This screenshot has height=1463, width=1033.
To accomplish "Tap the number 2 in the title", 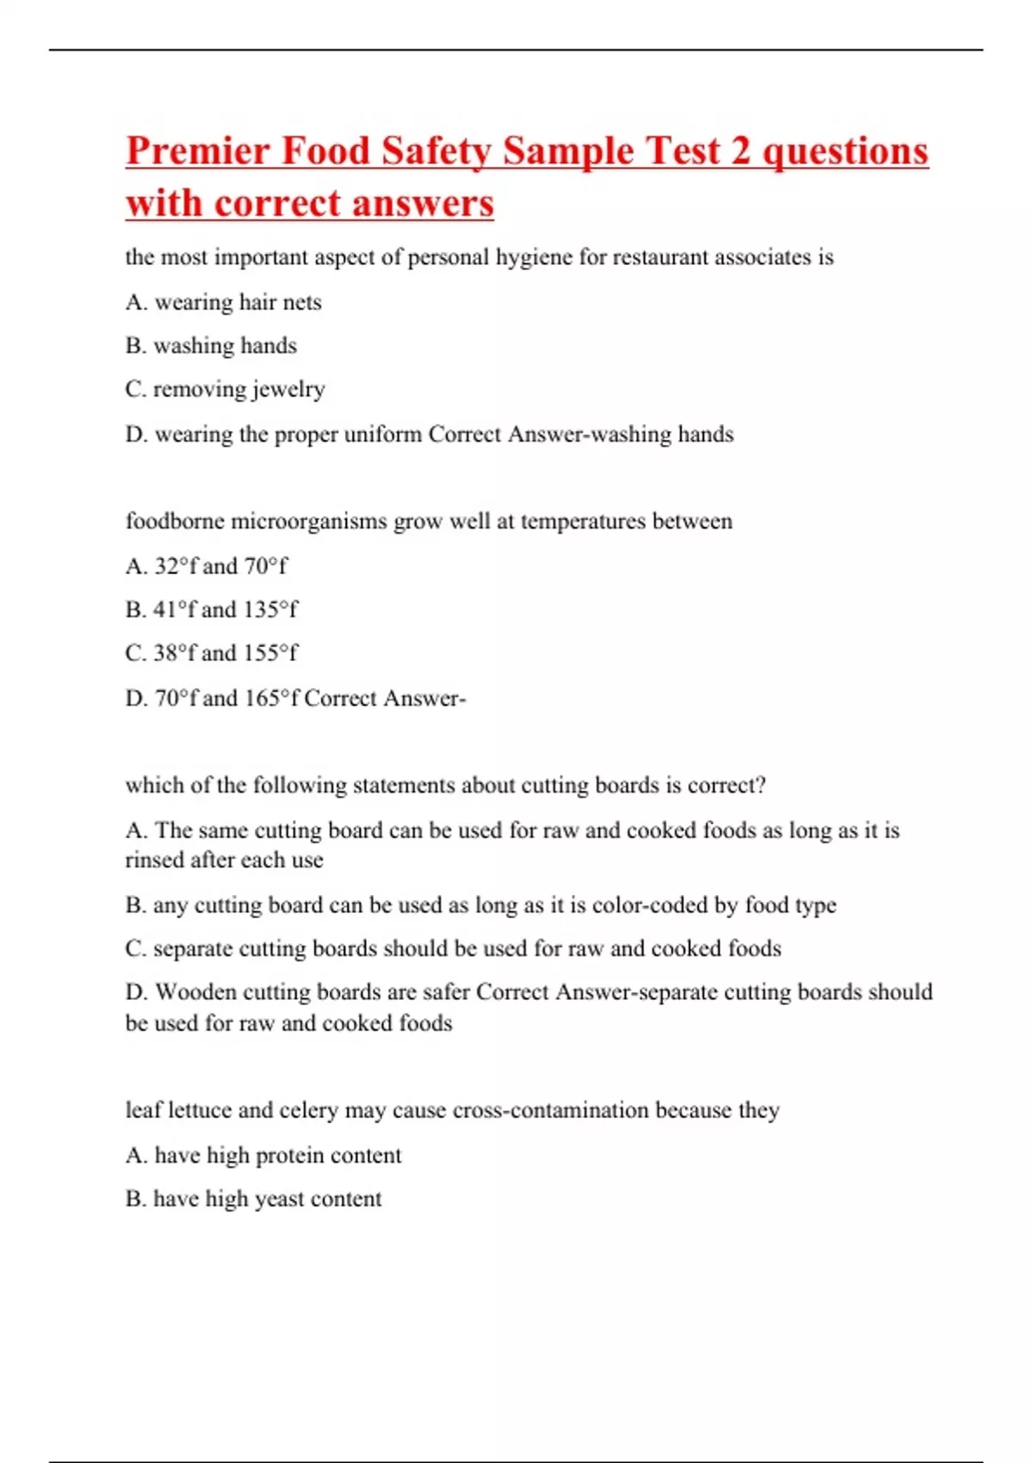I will pos(740,151).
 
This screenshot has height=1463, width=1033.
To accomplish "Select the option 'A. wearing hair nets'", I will pos(224,302).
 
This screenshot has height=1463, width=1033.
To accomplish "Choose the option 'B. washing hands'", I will pos(211,346).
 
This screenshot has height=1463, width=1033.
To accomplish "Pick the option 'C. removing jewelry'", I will pos(225,389).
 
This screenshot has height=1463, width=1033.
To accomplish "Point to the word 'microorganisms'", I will pos(309,522).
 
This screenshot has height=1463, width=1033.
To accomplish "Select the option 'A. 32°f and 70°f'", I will pos(207,566).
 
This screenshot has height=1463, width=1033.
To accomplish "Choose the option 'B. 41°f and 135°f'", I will pos(212,609).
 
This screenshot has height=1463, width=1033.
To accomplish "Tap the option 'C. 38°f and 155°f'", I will pos(212,653).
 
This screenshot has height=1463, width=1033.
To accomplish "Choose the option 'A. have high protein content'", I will pos(263,1155).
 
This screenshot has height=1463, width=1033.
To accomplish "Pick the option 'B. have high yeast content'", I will pos(254,1199).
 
